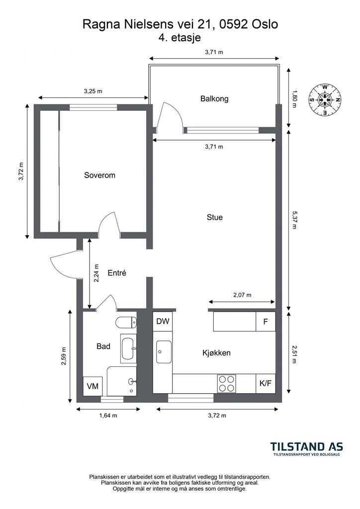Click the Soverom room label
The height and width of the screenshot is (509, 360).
click(99, 175)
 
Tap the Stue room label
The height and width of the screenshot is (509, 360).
click(215, 217)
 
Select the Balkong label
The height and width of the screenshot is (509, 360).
click(214, 99)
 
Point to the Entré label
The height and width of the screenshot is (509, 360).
click(117, 273)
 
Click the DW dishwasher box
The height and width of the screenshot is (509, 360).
click(163, 322)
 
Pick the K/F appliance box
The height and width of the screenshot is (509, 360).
click(266, 383)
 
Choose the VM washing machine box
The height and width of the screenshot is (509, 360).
click(93, 386)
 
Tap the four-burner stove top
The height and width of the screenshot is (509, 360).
click(226, 384)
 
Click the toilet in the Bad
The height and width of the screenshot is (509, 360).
click(126, 323)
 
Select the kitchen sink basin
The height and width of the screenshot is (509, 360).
click(164, 352)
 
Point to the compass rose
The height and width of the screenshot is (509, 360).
click(325, 99)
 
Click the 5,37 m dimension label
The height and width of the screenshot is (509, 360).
click(294, 220)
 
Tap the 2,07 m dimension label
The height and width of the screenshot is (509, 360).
click(242, 295)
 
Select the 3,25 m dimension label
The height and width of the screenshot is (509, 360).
click(93, 91)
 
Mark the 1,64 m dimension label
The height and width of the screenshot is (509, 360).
click(108, 416)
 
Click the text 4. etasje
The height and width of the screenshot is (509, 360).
click(180, 38)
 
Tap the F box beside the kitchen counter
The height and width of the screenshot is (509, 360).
click(266, 322)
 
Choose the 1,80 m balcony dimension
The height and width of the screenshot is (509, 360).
click(294, 99)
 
